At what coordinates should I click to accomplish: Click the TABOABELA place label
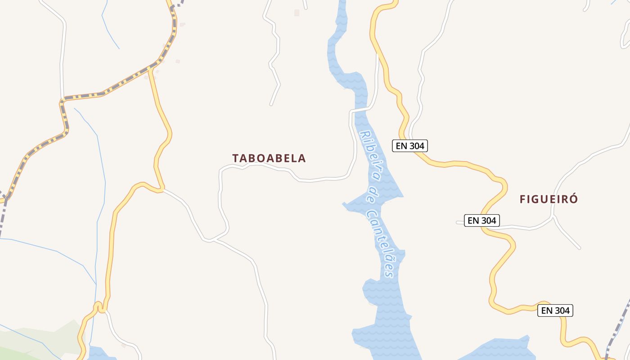pyautogui.click(x=269, y=158)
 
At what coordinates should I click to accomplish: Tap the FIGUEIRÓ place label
pyautogui.click(x=549, y=199)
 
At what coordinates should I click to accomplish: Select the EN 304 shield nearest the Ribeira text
pyautogui.click(x=409, y=146)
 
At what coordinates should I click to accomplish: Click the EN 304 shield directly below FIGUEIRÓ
pyautogui.click(x=482, y=220)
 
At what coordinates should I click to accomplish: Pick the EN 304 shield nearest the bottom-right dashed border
pyautogui.click(x=555, y=310)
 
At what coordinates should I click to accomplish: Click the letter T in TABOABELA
pyautogui.click(x=236, y=158)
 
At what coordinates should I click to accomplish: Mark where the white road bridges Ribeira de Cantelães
pyautogui.click(x=361, y=109)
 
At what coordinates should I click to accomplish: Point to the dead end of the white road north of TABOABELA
pyautogui.click(x=271, y=104)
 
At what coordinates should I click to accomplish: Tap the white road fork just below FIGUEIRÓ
pyautogui.click(x=553, y=217)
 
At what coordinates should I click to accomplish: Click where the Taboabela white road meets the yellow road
pyautogui.click(x=163, y=190)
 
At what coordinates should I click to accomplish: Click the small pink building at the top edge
pyautogui.click(x=297, y=13)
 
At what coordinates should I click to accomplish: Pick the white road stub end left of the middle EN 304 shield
pyautogui.click(x=458, y=221)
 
